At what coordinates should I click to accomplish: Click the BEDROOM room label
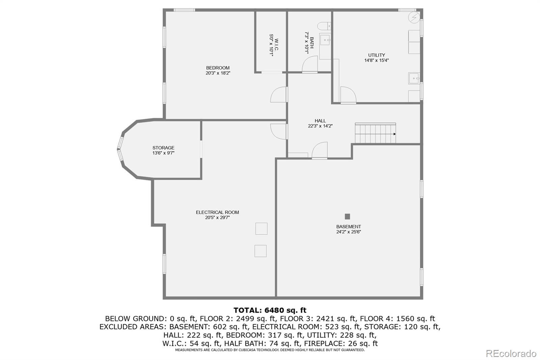click(x=218, y=68)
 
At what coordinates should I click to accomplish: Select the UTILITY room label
click(x=376, y=55)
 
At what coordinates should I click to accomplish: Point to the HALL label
click(x=320, y=121)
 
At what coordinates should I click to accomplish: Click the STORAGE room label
click(x=163, y=148)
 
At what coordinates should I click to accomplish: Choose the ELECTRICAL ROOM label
click(x=217, y=212)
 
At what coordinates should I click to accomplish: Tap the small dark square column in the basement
click(x=347, y=216)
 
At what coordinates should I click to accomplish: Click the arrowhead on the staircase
click(x=395, y=134)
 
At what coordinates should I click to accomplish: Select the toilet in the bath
click(x=324, y=26)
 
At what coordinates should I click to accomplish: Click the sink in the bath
click(x=325, y=40)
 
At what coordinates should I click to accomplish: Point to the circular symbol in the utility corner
click(x=414, y=17)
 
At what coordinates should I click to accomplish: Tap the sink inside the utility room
click(x=414, y=78)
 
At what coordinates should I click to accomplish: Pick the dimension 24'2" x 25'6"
click(x=349, y=232)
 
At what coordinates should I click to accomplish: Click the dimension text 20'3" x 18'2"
click(x=218, y=73)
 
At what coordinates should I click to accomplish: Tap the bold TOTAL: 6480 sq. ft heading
click(x=270, y=310)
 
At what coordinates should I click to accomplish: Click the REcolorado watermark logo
click(x=511, y=354)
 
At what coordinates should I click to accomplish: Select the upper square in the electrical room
click(x=261, y=229)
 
